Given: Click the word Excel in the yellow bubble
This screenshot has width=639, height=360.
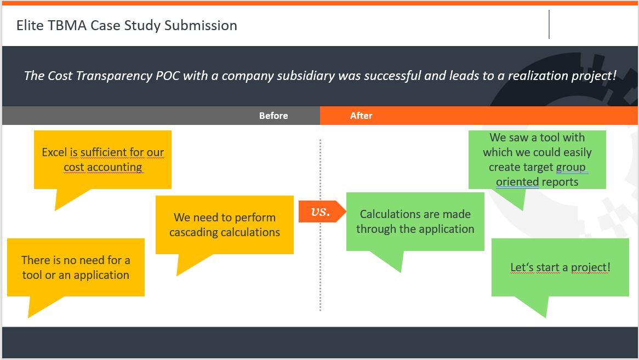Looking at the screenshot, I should pos(54,152).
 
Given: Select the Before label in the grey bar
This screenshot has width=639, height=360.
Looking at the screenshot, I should pos(273,116).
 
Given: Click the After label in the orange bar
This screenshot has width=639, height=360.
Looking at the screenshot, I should pos(361,116).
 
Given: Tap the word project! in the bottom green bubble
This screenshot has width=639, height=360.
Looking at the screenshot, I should pos(590,268).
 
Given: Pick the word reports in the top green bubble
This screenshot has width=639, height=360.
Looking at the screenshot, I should pos(560,182).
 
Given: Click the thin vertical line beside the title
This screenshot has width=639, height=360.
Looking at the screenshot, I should pos(549,25).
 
